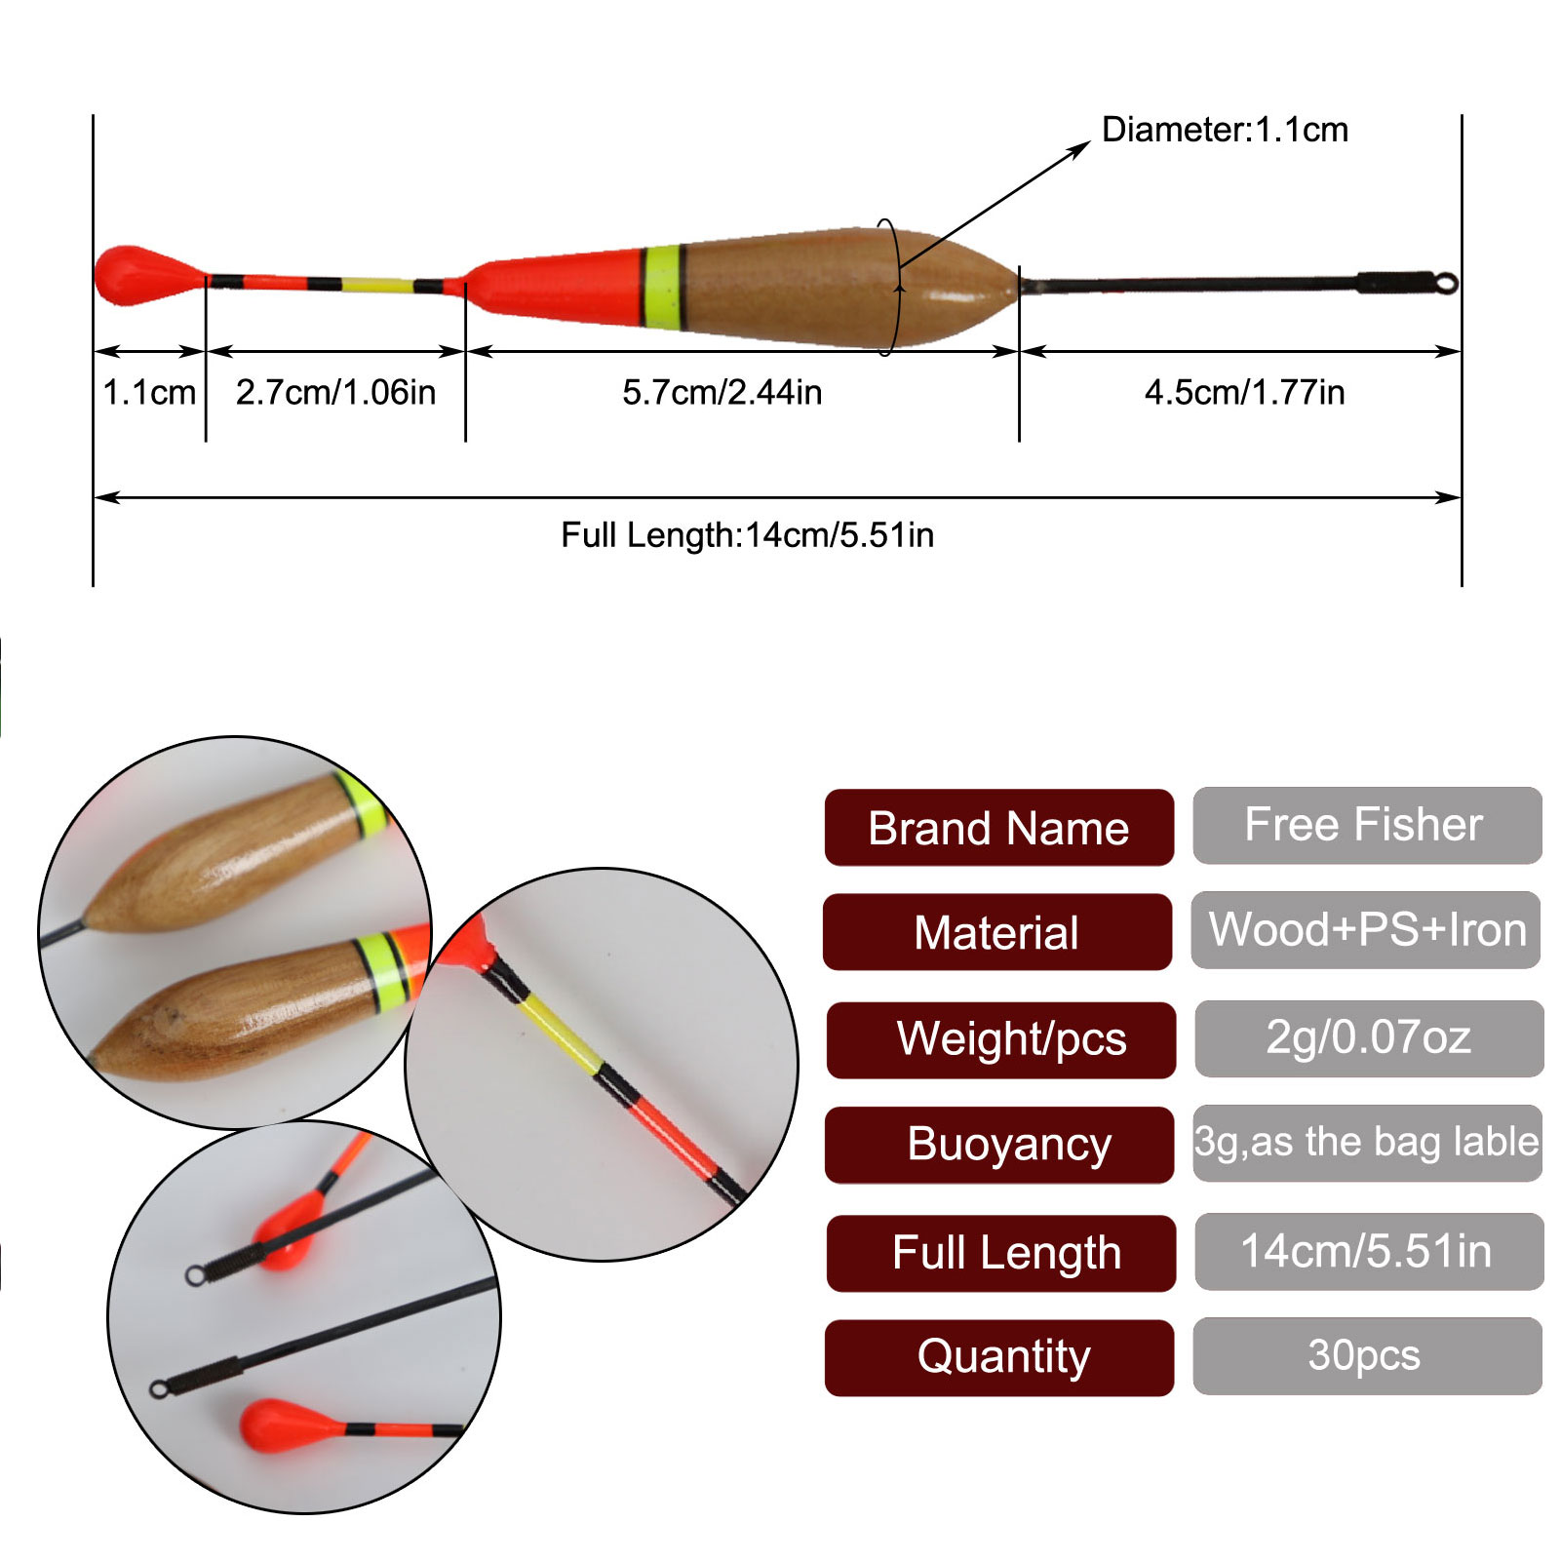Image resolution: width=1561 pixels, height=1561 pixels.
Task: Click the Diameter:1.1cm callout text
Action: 1224,130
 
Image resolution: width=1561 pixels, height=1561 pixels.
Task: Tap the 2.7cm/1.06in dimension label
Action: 335,392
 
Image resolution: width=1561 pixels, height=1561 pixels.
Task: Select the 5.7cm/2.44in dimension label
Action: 722,392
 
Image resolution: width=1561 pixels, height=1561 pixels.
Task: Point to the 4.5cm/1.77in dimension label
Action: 1244,392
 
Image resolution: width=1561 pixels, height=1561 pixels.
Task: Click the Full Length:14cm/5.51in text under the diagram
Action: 747,535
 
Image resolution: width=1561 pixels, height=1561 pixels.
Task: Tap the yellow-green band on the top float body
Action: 662,287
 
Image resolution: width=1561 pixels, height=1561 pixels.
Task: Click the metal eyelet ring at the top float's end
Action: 1448,283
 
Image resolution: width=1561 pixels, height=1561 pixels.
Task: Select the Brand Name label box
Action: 998,828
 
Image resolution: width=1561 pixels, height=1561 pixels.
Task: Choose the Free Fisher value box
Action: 1366,826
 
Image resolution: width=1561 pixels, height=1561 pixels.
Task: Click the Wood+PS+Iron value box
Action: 1366,930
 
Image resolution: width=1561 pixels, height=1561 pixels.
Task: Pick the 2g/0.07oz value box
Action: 1368,1037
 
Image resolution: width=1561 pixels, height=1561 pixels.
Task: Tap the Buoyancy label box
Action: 998,1145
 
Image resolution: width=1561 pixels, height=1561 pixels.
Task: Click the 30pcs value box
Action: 1366,1355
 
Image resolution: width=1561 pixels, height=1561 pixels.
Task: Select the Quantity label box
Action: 998,1357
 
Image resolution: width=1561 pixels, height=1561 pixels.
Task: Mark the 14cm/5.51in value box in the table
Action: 1368,1251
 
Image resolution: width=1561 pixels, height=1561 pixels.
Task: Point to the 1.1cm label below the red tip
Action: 149,392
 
